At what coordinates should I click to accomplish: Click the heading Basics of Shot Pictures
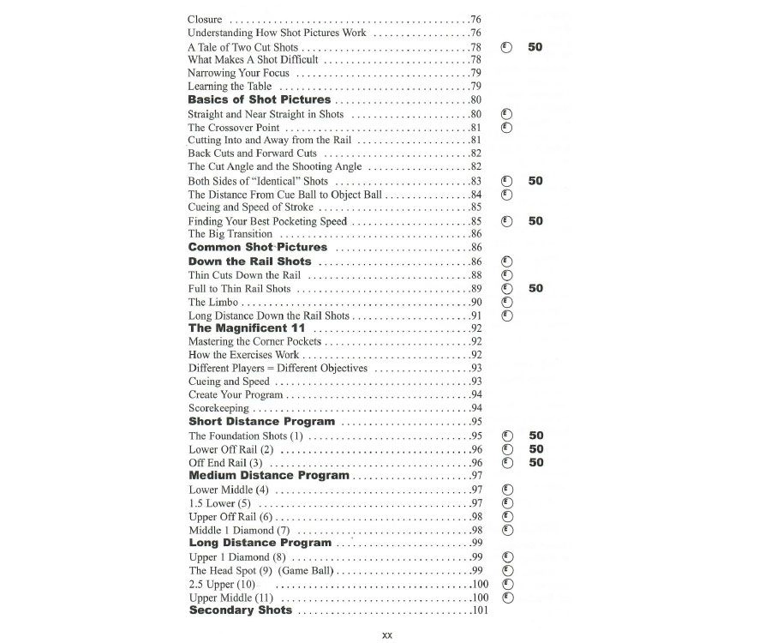click(x=259, y=100)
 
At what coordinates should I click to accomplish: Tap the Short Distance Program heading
click(x=261, y=422)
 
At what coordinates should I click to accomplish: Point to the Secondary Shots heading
click(x=240, y=610)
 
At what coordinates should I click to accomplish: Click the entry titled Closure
click(x=205, y=19)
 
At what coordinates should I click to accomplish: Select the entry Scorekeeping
click(x=219, y=408)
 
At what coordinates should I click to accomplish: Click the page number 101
click(x=480, y=610)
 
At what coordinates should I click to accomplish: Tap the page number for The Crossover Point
click(x=475, y=128)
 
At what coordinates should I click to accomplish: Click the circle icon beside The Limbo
click(x=506, y=302)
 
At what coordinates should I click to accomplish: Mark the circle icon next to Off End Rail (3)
click(x=506, y=463)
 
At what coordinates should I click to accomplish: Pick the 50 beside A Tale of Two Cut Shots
click(x=535, y=47)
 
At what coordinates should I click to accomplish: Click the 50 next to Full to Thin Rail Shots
click(x=535, y=289)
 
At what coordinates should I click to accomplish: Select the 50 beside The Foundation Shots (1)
click(x=535, y=436)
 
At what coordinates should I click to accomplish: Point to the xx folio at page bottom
click(x=386, y=634)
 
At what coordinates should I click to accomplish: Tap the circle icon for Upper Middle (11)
click(x=506, y=597)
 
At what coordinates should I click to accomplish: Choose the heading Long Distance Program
click(x=260, y=543)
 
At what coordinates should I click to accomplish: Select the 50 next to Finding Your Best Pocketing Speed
click(x=535, y=221)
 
